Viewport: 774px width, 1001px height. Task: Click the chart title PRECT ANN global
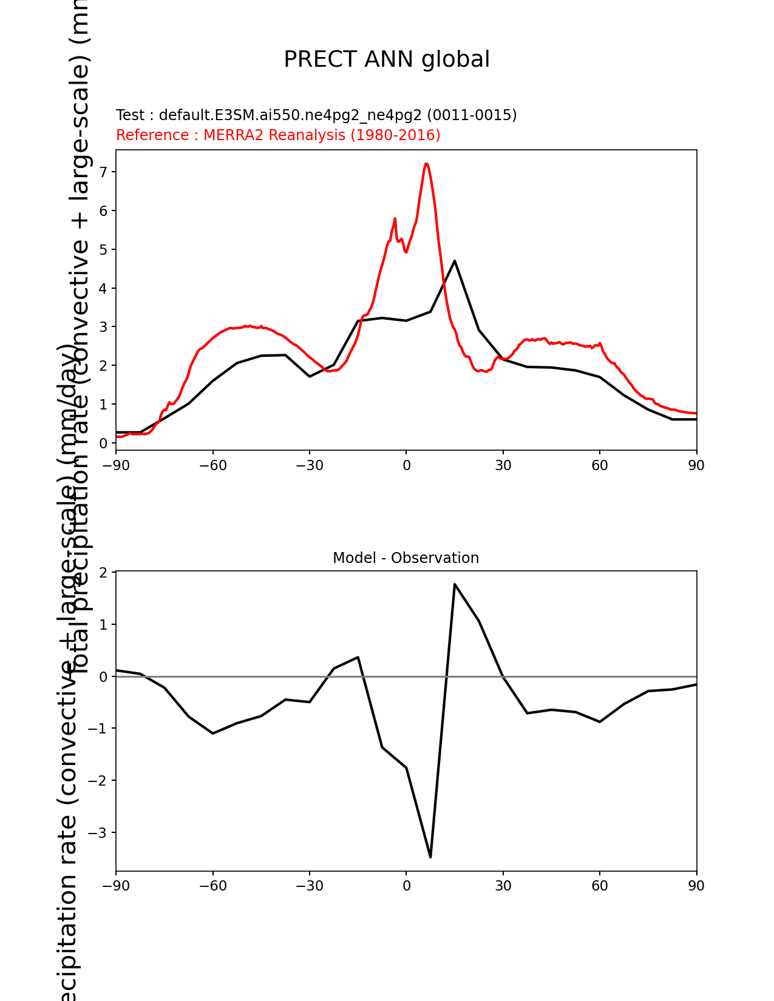point(387,59)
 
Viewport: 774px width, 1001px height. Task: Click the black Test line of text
point(316,115)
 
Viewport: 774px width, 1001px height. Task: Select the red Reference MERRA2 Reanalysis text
point(278,135)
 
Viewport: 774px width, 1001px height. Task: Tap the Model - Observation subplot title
point(406,558)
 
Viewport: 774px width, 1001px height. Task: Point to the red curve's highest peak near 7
point(426,164)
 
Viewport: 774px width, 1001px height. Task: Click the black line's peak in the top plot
point(455,261)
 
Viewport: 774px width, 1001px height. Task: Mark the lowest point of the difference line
point(430,857)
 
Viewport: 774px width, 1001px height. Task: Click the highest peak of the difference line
point(455,584)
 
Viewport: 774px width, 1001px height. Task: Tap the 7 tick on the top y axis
point(103,172)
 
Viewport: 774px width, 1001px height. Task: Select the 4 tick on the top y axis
point(103,288)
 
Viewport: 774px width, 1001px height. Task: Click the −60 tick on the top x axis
point(212,465)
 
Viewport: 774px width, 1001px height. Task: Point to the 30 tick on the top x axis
point(503,465)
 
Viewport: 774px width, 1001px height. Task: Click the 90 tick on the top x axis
point(696,465)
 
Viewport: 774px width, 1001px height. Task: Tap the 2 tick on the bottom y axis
point(103,573)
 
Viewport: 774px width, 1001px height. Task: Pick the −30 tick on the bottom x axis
point(309,886)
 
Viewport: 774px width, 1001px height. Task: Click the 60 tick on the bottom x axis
point(600,886)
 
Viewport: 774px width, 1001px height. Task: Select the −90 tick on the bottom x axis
point(116,886)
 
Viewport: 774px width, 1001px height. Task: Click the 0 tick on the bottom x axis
point(406,886)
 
